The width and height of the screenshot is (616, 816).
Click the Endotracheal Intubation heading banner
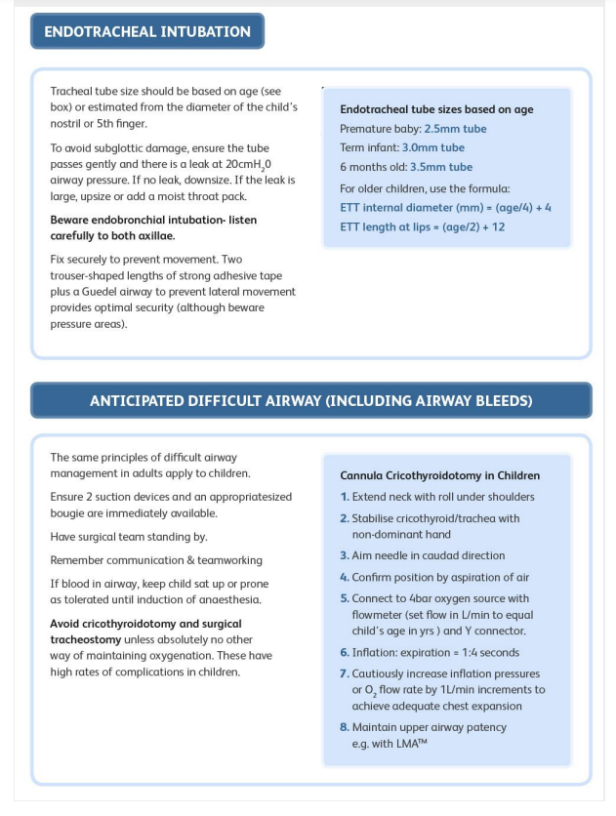click(147, 31)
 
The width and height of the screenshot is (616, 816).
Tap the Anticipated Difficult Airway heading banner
click(310, 400)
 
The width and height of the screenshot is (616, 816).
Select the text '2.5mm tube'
click(455, 129)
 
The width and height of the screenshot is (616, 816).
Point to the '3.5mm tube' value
click(439, 167)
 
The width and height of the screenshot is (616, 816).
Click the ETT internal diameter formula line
click(445, 208)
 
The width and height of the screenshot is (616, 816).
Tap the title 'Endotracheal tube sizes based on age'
click(436, 109)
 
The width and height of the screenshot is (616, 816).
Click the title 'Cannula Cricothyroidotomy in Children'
click(439, 476)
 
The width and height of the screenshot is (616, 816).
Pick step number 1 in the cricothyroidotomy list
click(345, 497)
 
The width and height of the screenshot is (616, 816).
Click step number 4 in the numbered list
click(345, 577)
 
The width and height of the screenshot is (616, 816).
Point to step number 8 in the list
click(345, 727)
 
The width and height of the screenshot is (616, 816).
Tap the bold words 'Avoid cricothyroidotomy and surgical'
click(145, 624)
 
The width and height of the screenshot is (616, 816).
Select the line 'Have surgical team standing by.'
click(129, 537)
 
